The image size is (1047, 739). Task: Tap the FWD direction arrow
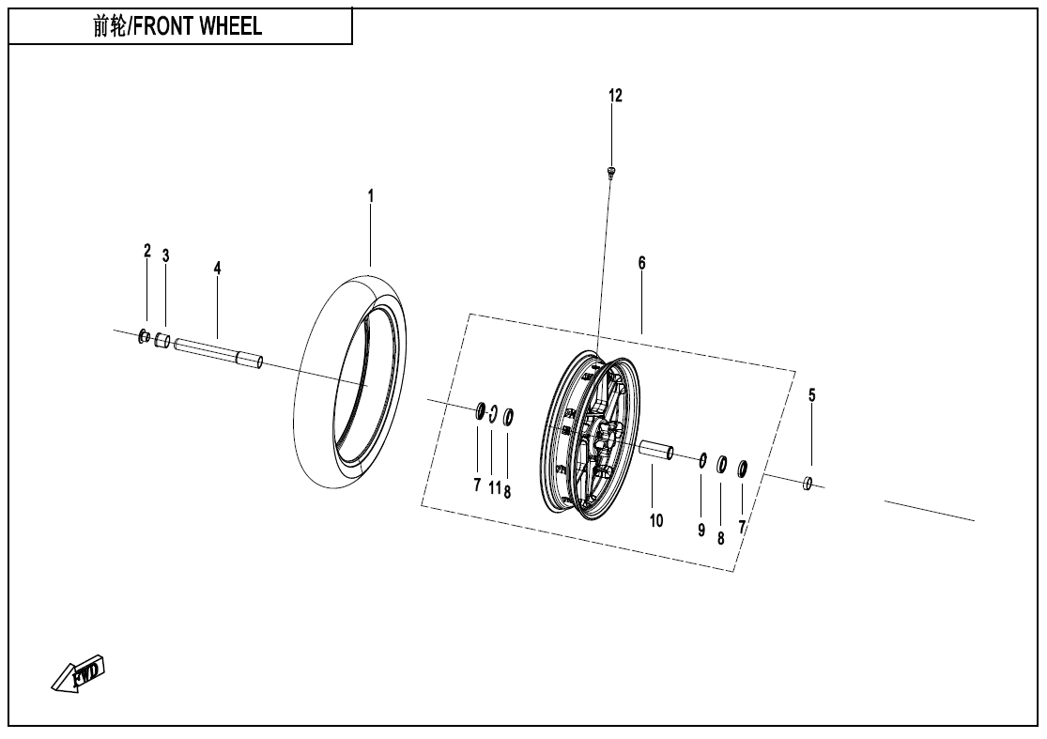[x=78, y=673]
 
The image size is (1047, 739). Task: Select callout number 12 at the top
[x=615, y=96]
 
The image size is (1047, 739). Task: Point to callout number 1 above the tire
[x=371, y=196]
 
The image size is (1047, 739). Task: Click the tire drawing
[x=350, y=380]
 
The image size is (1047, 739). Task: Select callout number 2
[x=146, y=251]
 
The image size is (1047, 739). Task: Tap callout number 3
[x=165, y=255]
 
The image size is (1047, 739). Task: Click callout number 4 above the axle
[x=217, y=269]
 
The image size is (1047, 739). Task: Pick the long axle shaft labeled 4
[x=219, y=353]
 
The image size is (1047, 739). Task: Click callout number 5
[x=812, y=395]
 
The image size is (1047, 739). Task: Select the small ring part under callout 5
[x=808, y=483]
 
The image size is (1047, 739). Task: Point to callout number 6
[x=641, y=263]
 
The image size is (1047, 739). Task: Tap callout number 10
[x=656, y=521]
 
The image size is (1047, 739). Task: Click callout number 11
[x=495, y=488]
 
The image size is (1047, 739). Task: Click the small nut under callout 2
[x=144, y=336]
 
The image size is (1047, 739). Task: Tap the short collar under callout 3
[x=162, y=341]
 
